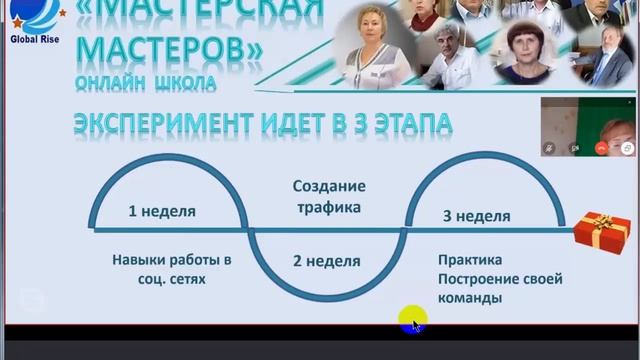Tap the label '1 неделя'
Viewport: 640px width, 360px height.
(162, 211)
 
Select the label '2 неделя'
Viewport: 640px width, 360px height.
(326, 261)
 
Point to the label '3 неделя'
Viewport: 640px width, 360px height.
(476, 215)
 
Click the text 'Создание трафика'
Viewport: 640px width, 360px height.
(328, 197)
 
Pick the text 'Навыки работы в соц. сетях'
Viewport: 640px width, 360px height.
(172, 269)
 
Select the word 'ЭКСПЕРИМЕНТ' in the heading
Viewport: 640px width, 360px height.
(158, 125)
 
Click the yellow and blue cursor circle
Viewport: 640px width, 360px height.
(412, 321)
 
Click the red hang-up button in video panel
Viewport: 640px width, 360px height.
(601, 147)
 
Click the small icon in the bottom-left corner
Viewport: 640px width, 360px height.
(31, 300)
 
